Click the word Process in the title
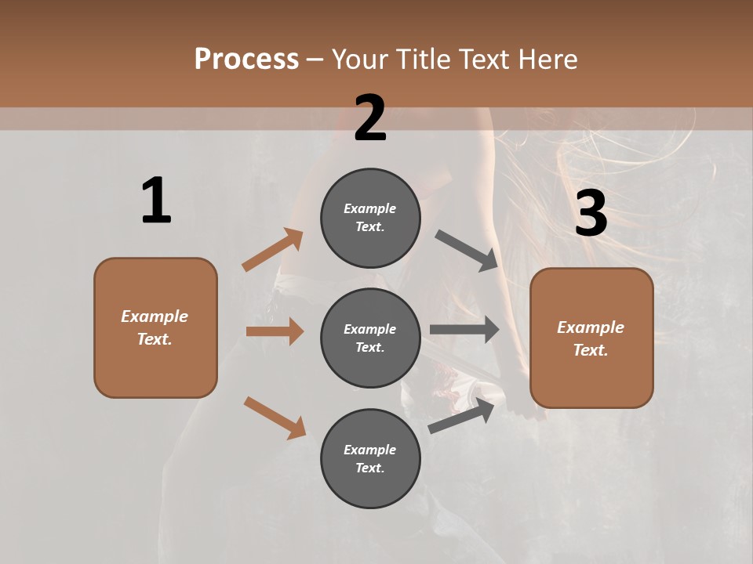246,60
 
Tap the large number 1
156,201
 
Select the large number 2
370,118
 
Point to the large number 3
591,213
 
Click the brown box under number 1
155,327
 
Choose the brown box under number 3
591,338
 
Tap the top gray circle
370,218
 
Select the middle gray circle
370,338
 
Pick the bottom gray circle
370,458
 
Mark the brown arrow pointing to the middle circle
275,331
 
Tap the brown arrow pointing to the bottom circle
275,418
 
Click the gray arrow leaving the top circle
467,251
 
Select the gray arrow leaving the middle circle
464,330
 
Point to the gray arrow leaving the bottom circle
461,415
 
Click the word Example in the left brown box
155,316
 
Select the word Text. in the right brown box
591,350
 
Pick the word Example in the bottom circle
370,450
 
